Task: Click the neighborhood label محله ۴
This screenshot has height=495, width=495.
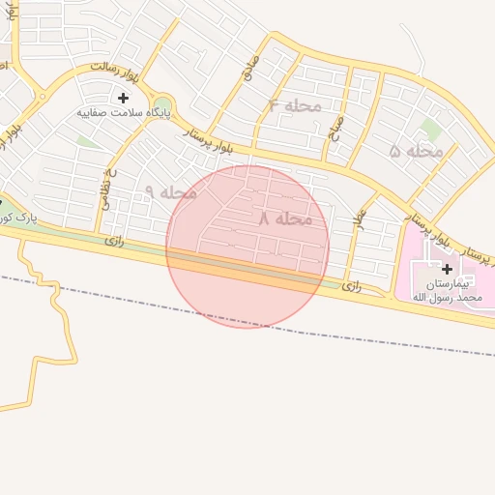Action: coord(295,105)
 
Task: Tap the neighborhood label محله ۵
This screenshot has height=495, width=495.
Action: coord(417,151)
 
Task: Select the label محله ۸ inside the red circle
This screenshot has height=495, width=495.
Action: coord(285,219)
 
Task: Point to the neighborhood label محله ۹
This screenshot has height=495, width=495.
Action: coord(170,191)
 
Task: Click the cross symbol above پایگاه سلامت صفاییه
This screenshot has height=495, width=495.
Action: coord(123,98)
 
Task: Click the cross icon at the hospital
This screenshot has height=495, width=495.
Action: coord(447,268)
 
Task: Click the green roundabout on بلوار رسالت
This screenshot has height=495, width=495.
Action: coord(162,104)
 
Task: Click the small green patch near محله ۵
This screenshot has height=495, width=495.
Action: coord(430,129)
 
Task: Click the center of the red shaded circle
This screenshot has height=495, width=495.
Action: coord(247,247)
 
